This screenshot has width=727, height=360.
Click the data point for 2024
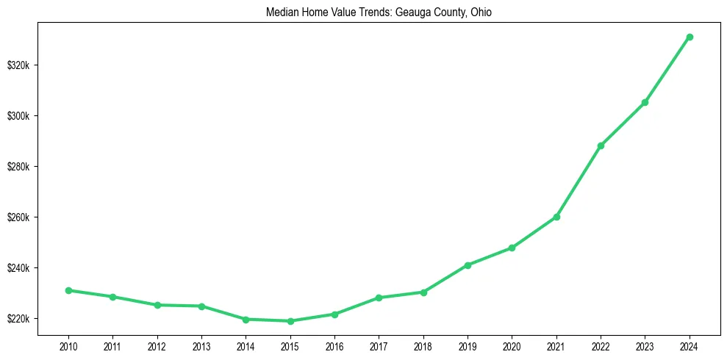pos(690,37)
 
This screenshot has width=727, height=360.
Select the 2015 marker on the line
pos(290,321)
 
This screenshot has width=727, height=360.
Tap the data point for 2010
pos(68,290)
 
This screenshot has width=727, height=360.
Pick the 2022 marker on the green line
pos(601,145)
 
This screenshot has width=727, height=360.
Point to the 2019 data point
pos(468,265)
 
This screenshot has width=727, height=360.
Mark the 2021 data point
pos(556,217)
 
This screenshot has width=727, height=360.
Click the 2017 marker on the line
pos(379,298)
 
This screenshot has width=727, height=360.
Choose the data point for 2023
pos(645,102)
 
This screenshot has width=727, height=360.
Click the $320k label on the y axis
pos(18,65)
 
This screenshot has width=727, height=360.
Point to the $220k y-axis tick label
pos(18,319)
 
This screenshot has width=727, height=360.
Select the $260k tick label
pos(18,217)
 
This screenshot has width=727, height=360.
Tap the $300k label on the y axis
pos(18,116)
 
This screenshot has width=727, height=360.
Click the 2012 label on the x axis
pos(157,345)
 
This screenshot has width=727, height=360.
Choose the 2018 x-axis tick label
pos(423,345)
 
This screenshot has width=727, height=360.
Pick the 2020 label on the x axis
pos(512,345)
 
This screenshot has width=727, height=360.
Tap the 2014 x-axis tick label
pos(246,345)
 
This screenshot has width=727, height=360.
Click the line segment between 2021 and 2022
pos(579,181)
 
